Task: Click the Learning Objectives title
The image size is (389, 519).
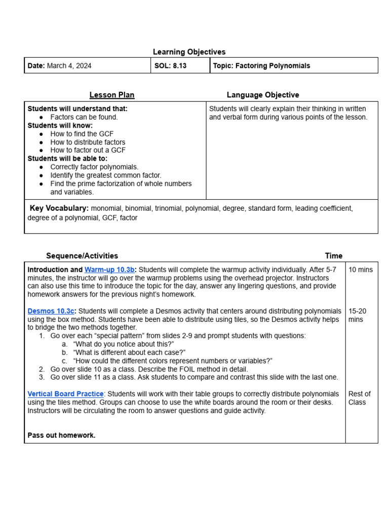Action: (189, 52)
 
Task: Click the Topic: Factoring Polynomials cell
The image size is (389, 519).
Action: (261, 66)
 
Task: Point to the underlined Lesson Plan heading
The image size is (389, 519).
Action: (112, 95)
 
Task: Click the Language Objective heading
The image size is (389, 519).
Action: (262, 95)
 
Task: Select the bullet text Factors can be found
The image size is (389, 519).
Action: (84, 117)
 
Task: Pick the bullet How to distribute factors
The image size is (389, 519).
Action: (88, 142)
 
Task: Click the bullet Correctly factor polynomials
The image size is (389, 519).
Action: (94, 167)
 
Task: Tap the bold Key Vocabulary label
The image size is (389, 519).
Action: (59, 208)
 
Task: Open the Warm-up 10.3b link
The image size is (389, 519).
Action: (109, 270)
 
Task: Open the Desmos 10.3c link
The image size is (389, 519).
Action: (51, 311)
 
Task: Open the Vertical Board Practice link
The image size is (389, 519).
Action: (65, 394)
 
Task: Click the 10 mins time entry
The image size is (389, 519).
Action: (360, 270)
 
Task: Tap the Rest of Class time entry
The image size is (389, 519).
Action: (359, 398)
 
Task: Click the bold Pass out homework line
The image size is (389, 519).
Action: (61, 435)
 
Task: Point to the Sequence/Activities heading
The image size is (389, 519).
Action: (82, 256)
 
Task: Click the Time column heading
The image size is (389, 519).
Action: (333, 256)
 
